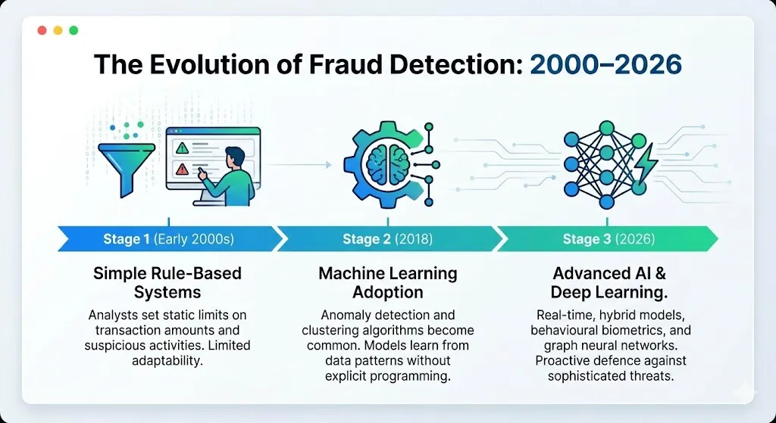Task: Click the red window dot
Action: pos(42,30)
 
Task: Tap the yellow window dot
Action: pos(58,30)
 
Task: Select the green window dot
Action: pos(74,30)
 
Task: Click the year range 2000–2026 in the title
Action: pos(605,65)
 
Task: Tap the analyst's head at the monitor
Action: pos(235,157)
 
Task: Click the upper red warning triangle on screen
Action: pos(182,148)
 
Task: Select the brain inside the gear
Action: pos(388,164)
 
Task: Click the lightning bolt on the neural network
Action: pos(646,163)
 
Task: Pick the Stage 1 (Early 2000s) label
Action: pos(168,240)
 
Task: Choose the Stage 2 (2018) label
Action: pos(387,240)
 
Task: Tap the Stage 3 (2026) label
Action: pos(609,240)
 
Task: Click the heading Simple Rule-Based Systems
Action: pos(167,283)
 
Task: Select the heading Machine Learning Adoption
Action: pos(388,283)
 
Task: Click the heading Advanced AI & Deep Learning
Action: pos(609,283)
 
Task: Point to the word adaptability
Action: pos(167,361)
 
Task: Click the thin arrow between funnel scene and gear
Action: pos(299,164)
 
